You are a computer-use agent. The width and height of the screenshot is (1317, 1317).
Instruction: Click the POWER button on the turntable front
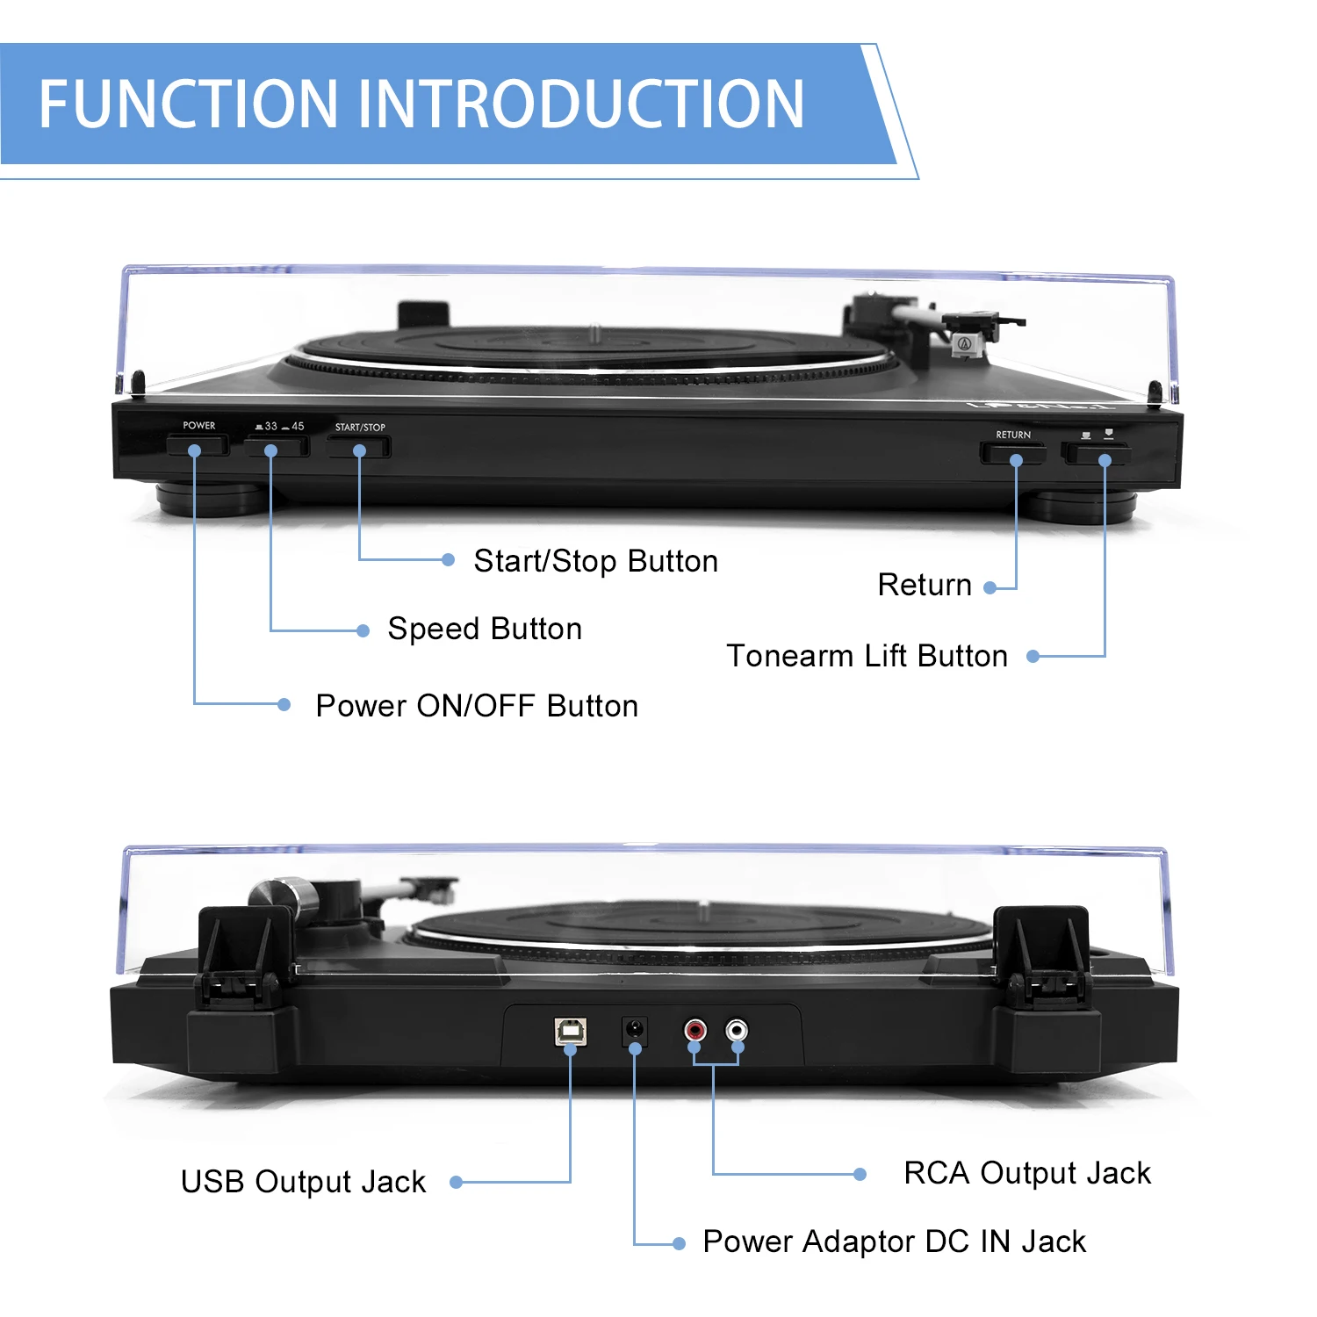tap(198, 447)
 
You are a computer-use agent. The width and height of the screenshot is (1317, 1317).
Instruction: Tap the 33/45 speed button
tap(277, 447)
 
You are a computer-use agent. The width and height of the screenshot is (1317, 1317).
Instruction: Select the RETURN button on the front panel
tap(1012, 454)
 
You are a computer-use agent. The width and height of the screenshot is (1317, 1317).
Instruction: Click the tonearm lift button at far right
tap(1096, 454)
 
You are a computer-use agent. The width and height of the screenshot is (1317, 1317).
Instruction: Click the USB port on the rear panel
tap(571, 1032)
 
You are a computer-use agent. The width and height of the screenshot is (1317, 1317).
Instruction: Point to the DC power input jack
tap(634, 1030)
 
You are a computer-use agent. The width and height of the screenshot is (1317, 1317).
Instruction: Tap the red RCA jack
tap(694, 1029)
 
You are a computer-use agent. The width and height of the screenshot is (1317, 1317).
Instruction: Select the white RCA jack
tap(736, 1029)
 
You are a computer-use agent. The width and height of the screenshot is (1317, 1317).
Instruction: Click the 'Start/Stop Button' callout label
tap(595, 561)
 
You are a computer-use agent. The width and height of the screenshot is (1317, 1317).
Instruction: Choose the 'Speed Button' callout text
tap(485, 629)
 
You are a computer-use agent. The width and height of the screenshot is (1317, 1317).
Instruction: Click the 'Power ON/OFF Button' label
tap(477, 706)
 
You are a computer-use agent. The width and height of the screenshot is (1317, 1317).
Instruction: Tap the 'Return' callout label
tap(925, 585)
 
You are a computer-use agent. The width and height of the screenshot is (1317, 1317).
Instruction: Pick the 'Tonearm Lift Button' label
tap(867, 656)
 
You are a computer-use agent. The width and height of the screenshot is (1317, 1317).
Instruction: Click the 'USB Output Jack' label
tap(303, 1182)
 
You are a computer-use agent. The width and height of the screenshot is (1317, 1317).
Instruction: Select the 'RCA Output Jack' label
tap(1027, 1173)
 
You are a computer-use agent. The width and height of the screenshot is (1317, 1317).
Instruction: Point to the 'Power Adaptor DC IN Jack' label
tap(894, 1241)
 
